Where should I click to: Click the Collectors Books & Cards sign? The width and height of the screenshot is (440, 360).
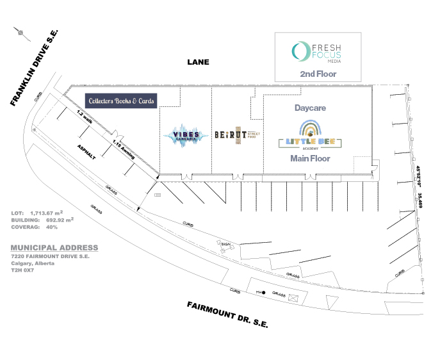pos(122,101)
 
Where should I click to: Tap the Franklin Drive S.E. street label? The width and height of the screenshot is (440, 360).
pos(35,67)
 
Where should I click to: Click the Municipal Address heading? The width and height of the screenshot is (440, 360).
pos(54,248)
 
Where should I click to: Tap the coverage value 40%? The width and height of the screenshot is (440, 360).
pos(52,226)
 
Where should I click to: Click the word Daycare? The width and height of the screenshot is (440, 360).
pos(311,108)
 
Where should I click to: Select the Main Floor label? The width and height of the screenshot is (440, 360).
pos(310,158)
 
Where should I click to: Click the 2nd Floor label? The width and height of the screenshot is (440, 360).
pos(318,74)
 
